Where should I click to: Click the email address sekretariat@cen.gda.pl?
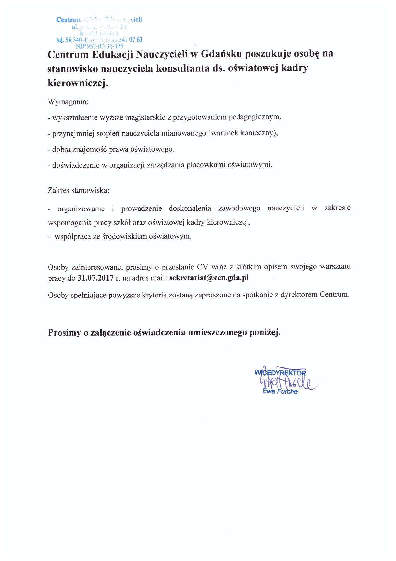tap(209, 278)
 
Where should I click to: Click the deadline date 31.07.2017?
tap(95, 278)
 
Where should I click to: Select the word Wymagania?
tap(68, 102)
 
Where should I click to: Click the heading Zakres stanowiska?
tap(78, 190)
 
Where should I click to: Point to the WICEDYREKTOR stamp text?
tap(280, 373)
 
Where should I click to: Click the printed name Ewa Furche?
tap(280, 391)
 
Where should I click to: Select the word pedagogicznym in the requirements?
tap(253, 117)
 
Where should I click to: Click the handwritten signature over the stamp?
tap(287, 382)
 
